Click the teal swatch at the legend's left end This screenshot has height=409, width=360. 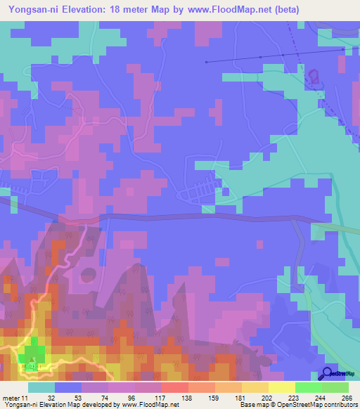(41, 387)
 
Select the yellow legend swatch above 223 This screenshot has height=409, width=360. (281, 387)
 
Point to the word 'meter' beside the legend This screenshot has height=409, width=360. (12, 398)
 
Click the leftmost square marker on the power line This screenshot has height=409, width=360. (206, 62)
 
